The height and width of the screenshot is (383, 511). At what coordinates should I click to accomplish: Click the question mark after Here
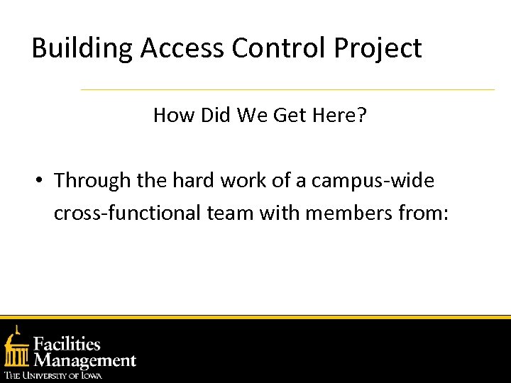pos(362,115)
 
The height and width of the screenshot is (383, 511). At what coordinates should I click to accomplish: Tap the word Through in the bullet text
pos(93,181)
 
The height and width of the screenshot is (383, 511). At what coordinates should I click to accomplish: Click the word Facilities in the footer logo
pos(67,345)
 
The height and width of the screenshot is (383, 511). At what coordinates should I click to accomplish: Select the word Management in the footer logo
pos(84,360)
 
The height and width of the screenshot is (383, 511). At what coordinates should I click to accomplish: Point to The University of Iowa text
pos(53,375)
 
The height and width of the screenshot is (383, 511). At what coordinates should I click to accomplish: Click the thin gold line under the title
pos(287,89)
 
